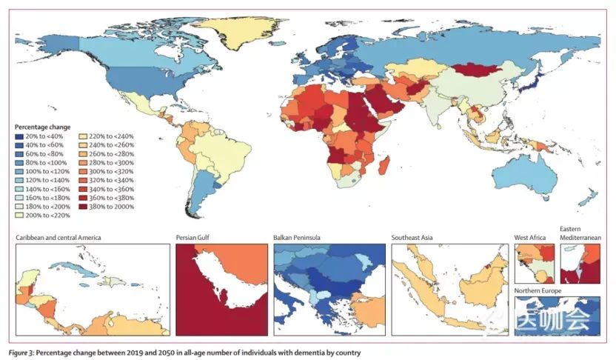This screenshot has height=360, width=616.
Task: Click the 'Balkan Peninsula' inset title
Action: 299,238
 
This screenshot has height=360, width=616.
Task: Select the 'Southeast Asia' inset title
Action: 412,238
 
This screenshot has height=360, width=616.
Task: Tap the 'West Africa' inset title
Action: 530,238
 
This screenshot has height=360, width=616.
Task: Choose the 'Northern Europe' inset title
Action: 539,292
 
